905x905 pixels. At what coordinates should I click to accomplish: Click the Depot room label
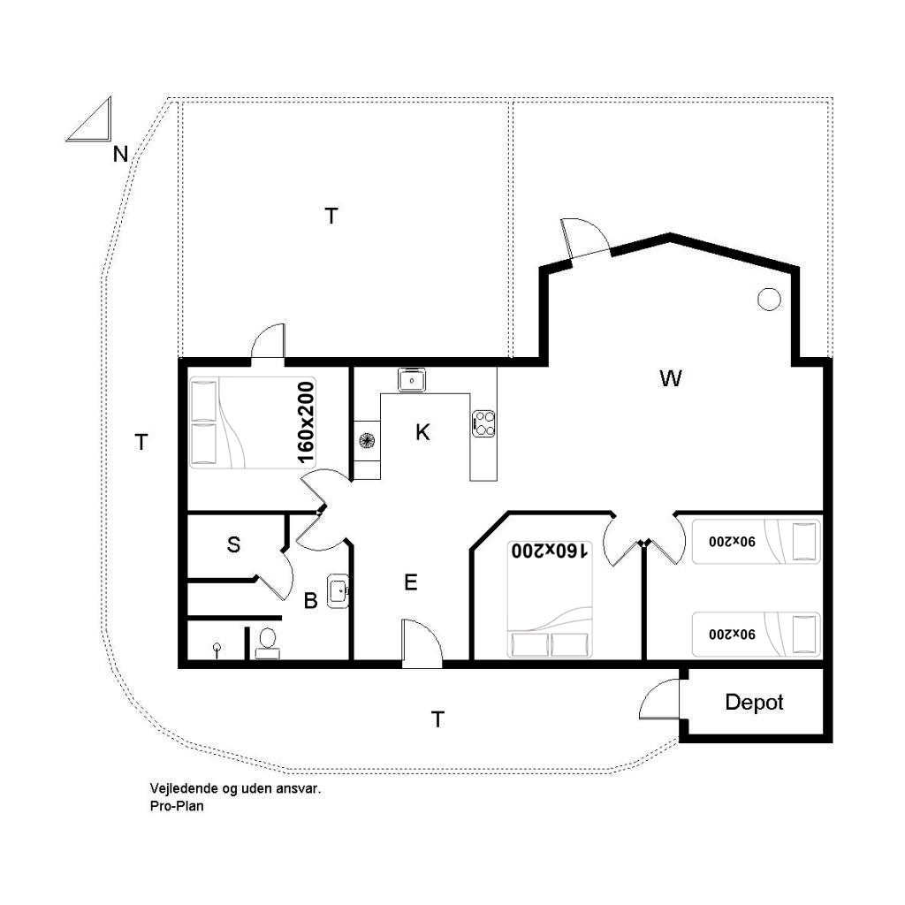[754, 702]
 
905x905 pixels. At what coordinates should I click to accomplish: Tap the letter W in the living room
[670, 378]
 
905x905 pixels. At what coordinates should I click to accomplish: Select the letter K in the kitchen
[422, 431]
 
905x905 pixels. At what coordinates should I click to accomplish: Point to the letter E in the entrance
[410, 582]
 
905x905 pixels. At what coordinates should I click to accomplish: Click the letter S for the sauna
[233, 544]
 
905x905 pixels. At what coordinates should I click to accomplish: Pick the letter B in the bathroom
[310, 600]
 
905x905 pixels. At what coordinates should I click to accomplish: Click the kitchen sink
[412, 380]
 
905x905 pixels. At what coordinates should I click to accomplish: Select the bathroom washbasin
[338, 591]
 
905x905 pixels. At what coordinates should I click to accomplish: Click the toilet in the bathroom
[267, 643]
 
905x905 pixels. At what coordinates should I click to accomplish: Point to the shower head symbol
[217, 650]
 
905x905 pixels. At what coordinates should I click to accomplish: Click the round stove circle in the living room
[769, 299]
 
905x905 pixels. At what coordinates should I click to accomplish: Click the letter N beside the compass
[120, 154]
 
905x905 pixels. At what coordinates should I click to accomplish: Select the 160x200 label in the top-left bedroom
[306, 422]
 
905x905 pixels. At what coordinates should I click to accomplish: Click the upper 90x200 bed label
[732, 542]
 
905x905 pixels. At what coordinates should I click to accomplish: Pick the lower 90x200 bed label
[732, 634]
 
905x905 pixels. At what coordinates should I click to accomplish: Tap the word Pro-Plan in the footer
[177, 806]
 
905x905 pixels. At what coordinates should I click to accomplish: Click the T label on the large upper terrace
[331, 216]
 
